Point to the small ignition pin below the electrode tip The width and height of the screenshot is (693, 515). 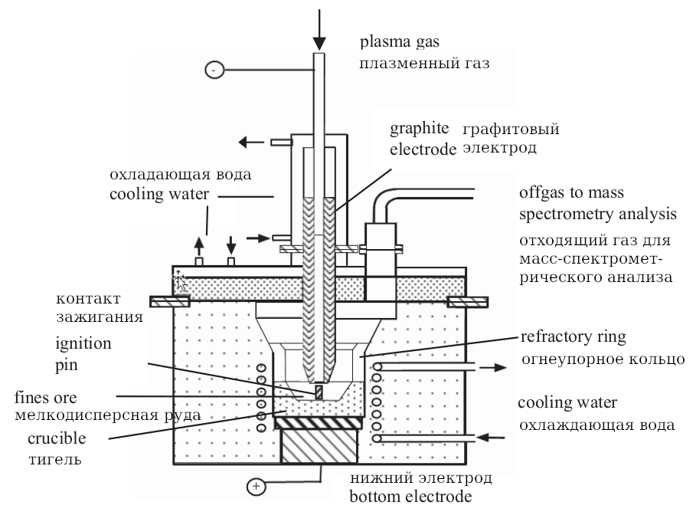click(319, 392)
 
